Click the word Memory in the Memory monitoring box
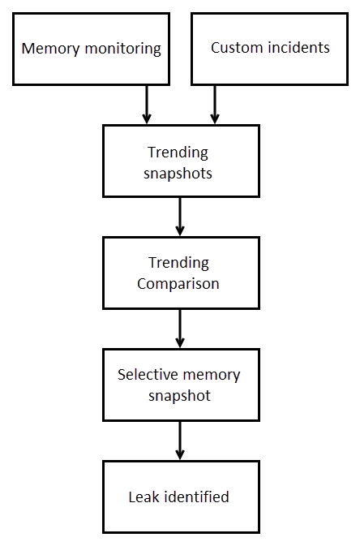coord(50,49)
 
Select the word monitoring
coord(123,49)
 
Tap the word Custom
coord(237,48)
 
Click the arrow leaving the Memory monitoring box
coord(147,104)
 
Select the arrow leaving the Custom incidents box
coord(215,104)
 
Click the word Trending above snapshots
coord(178,153)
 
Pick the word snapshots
coord(178,173)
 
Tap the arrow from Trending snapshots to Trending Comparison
coord(180,217)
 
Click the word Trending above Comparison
coord(178,263)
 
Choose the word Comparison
coord(178,284)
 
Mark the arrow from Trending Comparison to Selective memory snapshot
coord(180,329)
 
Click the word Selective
coord(148,375)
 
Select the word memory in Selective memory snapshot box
coord(212,376)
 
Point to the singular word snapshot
coord(180,396)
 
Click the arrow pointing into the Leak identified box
coord(180,441)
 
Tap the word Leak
coord(144,497)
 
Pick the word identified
coord(196,497)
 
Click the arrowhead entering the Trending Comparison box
coord(180,231)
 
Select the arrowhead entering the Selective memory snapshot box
coord(180,342)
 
